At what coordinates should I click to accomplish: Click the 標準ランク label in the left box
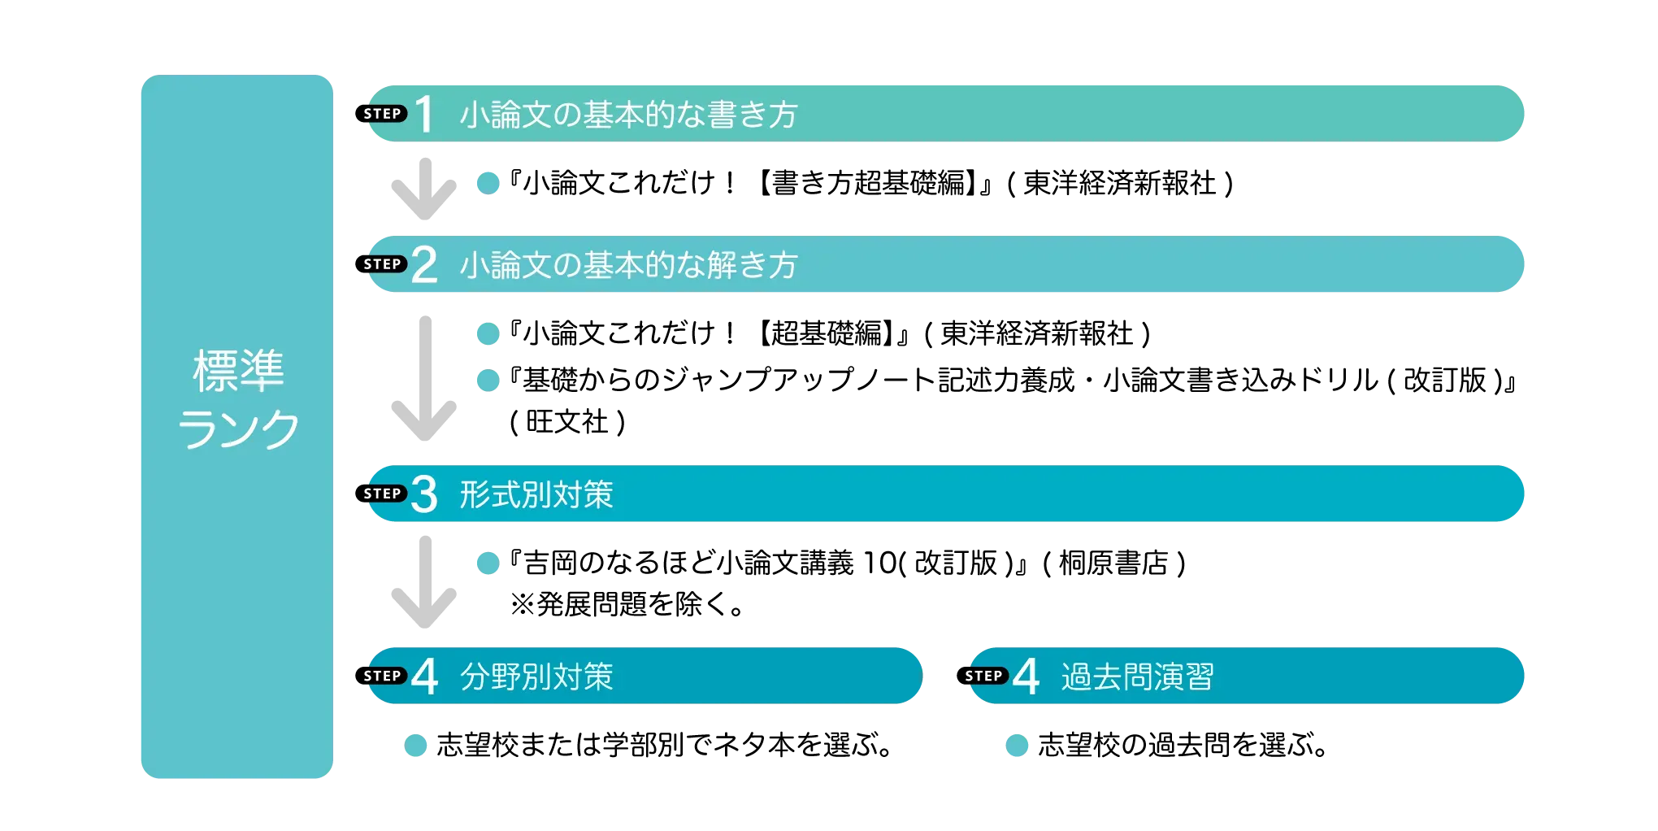click(238, 398)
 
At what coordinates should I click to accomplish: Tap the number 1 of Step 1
click(424, 115)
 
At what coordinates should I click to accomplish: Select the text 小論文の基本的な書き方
click(628, 115)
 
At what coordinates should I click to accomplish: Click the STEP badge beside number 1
click(383, 114)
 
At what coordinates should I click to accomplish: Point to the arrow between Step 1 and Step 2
click(426, 189)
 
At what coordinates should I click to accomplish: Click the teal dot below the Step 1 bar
click(488, 182)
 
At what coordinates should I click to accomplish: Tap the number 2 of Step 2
click(424, 265)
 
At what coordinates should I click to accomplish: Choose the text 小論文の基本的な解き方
click(628, 265)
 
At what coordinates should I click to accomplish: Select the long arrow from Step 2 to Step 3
click(426, 378)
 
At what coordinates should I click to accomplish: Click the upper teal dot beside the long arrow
click(488, 333)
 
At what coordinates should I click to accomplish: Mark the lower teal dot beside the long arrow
click(488, 381)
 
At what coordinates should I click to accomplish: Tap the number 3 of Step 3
click(424, 494)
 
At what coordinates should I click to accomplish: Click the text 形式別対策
click(536, 494)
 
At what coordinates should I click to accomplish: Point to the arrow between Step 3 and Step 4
click(426, 582)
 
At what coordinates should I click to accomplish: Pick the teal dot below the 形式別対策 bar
click(488, 563)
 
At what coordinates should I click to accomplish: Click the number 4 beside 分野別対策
click(424, 677)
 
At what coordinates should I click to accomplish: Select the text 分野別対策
click(536, 677)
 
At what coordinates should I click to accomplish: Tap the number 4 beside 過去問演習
click(1026, 677)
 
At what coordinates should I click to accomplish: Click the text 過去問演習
click(1137, 677)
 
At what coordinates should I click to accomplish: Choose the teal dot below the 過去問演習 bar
click(1017, 745)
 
